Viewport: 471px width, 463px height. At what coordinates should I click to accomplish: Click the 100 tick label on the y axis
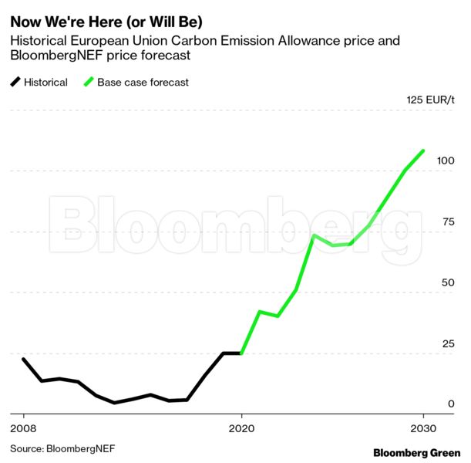click(446, 161)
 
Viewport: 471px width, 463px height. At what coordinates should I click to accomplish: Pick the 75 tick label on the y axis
click(448, 222)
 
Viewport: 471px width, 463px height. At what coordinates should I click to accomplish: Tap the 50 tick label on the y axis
click(448, 283)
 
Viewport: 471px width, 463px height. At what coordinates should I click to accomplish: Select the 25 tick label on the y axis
click(448, 343)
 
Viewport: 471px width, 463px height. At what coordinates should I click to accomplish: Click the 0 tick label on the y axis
click(451, 404)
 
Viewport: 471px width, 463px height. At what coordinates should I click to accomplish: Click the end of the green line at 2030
click(423, 150)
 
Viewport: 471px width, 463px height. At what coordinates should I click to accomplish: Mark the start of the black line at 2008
click(23, 359)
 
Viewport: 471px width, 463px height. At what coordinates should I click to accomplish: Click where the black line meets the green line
click(242, 353)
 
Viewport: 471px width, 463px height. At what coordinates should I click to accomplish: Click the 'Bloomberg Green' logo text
click(416, 452)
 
